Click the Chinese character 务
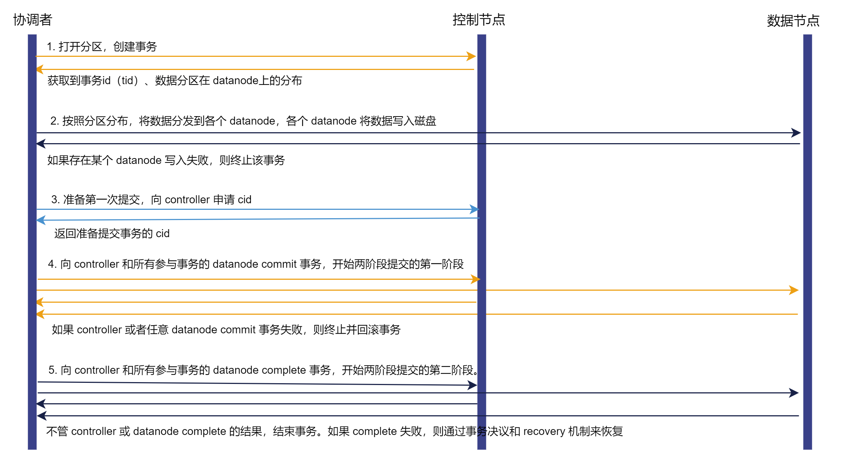[x=482, y=431]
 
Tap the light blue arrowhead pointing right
[x=474, y=209]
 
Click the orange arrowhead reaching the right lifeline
[x=794, y=290]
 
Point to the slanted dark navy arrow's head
[x=472, y=385]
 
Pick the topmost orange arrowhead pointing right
[x=471, y=56]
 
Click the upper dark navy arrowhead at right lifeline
[x=796, y=133]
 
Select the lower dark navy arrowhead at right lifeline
[x=794, y=393]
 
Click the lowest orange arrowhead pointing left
[x=40, y=314]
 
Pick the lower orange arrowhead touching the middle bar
[x=475, y=279]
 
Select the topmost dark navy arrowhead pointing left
[x=41, y=144]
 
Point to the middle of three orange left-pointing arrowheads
[x=40, y=302]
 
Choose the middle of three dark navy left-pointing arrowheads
[x=40, y=404]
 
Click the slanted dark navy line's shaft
[x=255, y=384]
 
